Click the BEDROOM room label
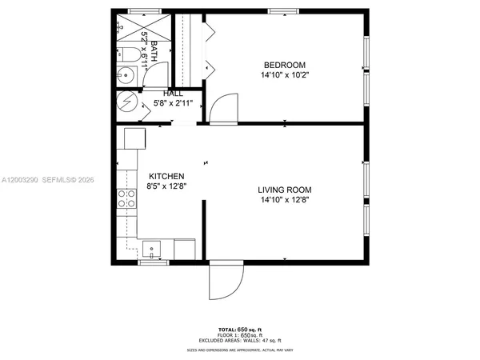click(x=284, y=65)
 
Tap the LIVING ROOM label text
click(x=284, y=190)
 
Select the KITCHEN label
click(x=166, y=176)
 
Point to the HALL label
click(x=173, y=94)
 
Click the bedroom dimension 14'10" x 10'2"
click(x=284, y=75)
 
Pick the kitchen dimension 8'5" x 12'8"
click(x=166, y=187)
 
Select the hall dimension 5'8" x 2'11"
click(x=173, y=103)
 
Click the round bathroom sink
click(x=126, y=77)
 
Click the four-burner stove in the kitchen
click(x=127, y=198)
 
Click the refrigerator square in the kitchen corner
click(x=134, y=138)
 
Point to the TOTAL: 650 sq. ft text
click(x=239, y=330)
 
